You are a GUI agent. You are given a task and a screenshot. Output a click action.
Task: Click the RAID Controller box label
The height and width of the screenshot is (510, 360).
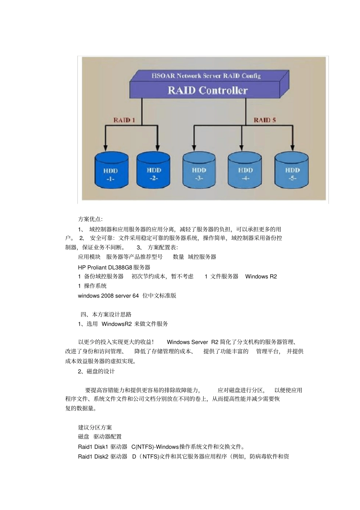coord(208,90)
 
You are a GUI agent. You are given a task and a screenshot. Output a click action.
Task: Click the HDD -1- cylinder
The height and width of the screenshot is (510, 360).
coord(110,171)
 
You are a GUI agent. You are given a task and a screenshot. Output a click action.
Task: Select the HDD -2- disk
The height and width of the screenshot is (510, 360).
coord(153,171)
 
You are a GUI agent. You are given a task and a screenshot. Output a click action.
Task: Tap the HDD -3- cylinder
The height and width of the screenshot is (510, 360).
coord(199,171)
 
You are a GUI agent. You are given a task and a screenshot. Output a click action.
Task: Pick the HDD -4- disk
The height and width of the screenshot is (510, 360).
coord(245,171)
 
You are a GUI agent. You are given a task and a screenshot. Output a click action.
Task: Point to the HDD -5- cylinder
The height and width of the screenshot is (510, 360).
coord(292,171)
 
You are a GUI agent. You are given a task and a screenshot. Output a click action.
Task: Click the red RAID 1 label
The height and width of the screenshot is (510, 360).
coord(124,120)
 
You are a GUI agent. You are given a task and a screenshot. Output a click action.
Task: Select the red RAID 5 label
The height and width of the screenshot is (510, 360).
coord(265,120)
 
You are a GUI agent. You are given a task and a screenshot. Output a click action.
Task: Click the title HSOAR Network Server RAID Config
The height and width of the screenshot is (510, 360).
coord(206,76)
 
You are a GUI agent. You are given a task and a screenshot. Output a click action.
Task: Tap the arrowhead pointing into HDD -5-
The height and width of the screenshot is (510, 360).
coord(292,148)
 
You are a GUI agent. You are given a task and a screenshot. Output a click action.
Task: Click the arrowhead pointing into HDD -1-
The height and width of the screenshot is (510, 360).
coord(106,148)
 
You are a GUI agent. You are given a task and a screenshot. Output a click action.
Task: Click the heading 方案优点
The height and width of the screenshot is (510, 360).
coord(90,219)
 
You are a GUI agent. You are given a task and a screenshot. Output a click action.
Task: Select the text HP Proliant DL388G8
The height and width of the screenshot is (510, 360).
coord(105,267)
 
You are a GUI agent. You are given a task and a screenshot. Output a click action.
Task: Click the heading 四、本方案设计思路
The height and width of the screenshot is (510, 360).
coord(106,314)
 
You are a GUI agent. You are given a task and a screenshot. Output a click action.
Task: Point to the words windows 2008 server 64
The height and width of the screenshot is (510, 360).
coord(108,296)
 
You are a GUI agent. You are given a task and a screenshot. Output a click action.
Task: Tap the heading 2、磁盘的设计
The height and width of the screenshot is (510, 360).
coord(96,371)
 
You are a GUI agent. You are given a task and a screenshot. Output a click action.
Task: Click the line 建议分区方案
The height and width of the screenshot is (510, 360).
coord(95,427)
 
